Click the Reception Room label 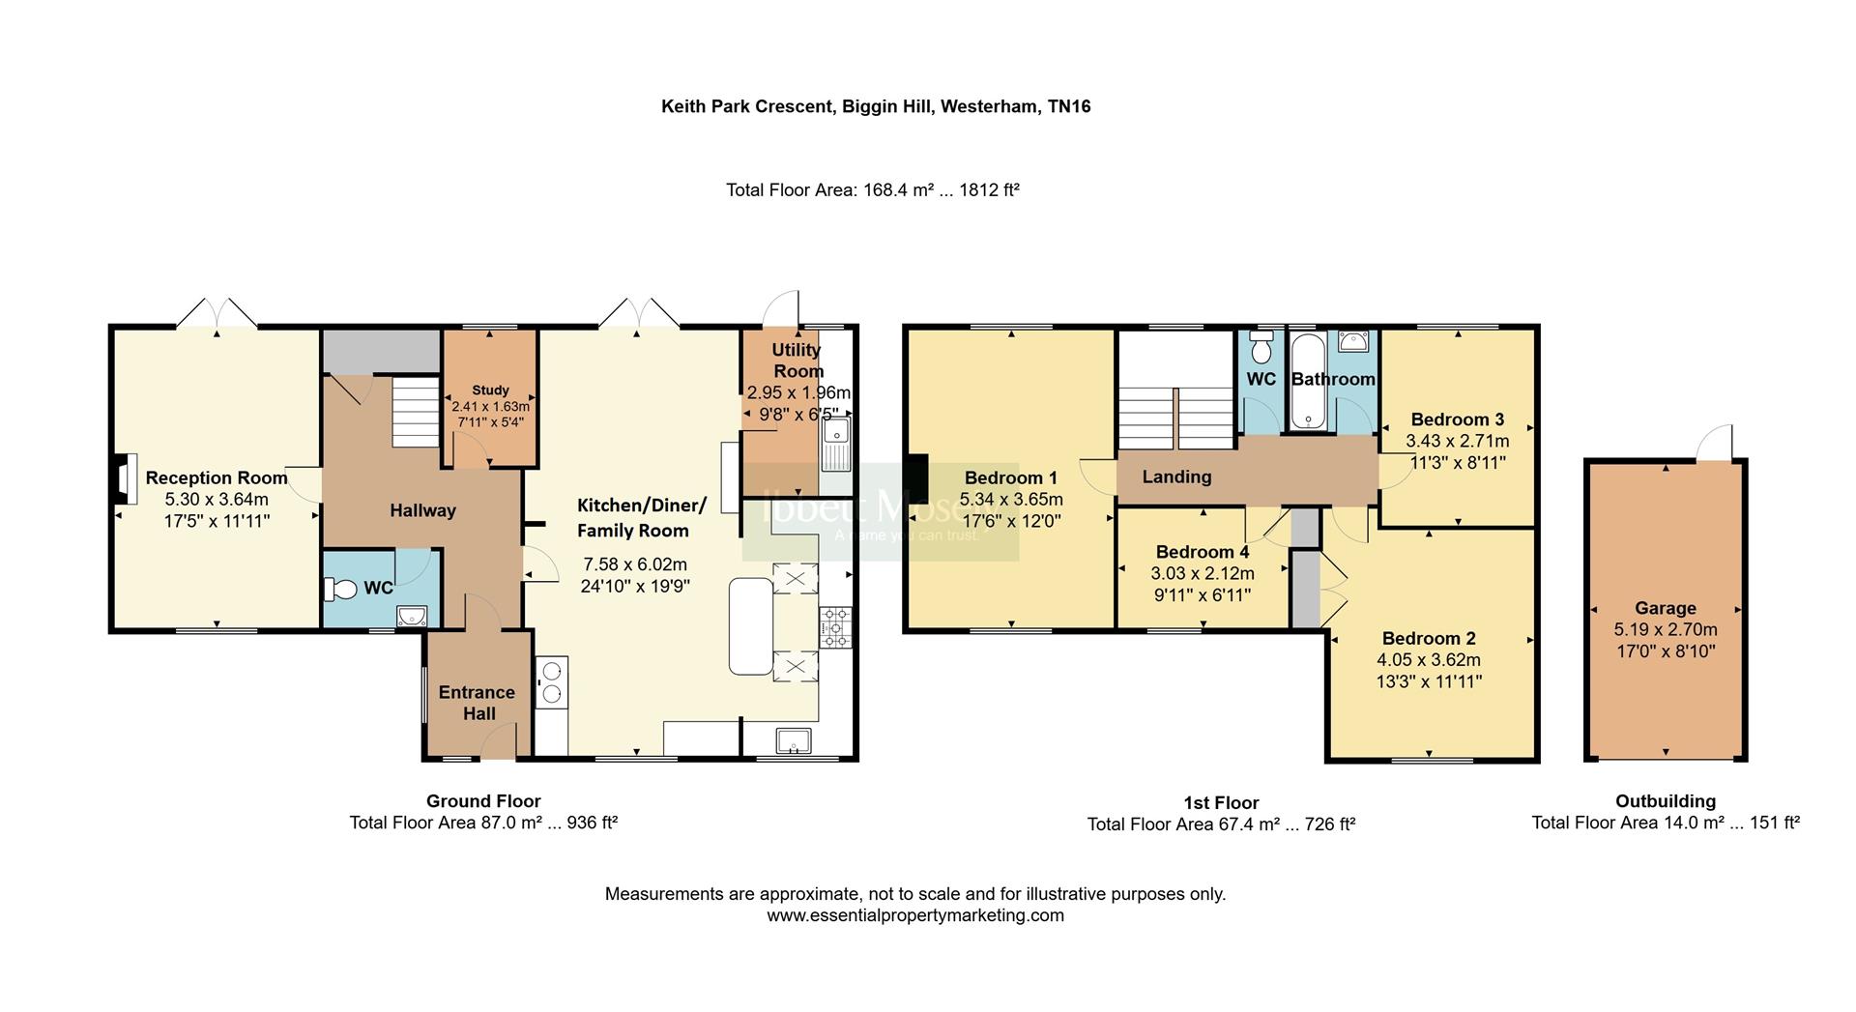pyautogui.click(x=217, y=477)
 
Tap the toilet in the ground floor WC pyautogui.click(x=340, y=588)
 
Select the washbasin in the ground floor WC pyautogui.click(x=412, y=616)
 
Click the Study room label pyautogui.click(x=490, y=390)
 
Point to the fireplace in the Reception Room pyautogui.click(x=123, y=479)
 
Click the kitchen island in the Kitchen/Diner pyautogui.click(x=751, y=625)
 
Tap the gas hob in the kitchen pyautogui.click(x=834, y=627)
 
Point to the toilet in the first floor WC pyautogui.click(x=1261, y=345)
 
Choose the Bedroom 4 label pyautogui.click(x=1203, y=552)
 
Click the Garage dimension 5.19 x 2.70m pyautogui.click(x=1666, y=629)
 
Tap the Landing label pyautogui.click(x=1176, y=477)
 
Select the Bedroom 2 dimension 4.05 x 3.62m pyautogui.click(x=1429, y=660)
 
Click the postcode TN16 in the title pyautogui.click(x=1069, y=106)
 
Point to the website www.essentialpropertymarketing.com pyautogui.click(x=915, y=915)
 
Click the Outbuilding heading pyautogui.click(x=1666, y=801)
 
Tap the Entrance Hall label pyautogui.click(x=477, y=703)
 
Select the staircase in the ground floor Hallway pyautogui.click(x=416, y=413)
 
